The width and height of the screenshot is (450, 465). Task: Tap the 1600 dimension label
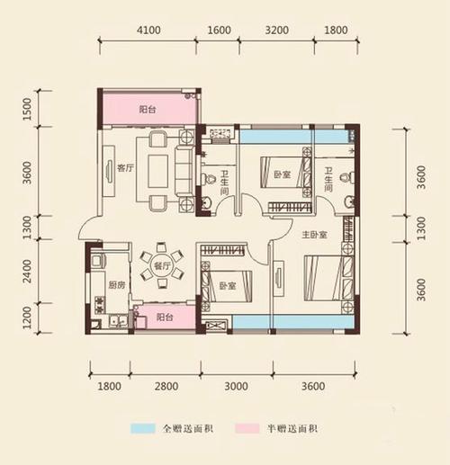tap(220, 31)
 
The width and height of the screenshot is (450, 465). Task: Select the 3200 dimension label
tap(278, 31)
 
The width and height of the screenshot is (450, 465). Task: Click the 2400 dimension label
tap(28, 267)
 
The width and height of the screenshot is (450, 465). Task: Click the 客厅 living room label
tap(125, 165)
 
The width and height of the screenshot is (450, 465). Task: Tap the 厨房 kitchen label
tap(115, 287)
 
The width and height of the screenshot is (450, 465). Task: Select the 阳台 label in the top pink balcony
tap(148, 109)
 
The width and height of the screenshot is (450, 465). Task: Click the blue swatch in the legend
tap(143, 429)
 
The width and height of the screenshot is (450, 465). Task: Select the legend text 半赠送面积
tap(292, 429)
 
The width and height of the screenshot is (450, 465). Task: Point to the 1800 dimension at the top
tap(334, 31)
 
